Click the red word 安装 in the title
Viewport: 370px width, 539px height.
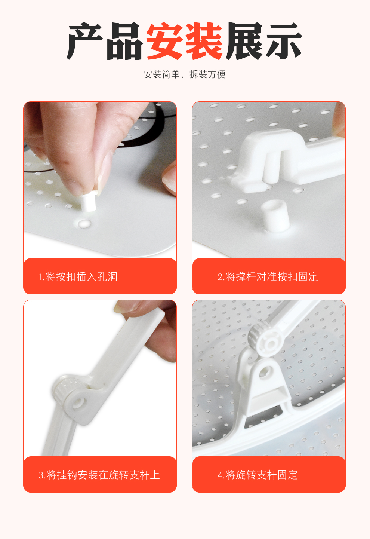tap(184, 41)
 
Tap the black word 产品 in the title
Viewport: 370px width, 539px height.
tap(105, 41)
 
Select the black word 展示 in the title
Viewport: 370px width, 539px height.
tap(264, 41)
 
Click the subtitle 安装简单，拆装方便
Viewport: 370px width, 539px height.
tap(185, 74)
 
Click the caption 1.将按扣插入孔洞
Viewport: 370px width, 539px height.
tap(78, 277)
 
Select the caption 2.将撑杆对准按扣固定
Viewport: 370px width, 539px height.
tap(268, 277)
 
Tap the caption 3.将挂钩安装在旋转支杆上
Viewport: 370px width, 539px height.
tap(99, 475)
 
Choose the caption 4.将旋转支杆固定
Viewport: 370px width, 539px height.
tap(258, 475)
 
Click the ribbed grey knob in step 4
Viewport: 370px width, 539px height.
tap(254, 335)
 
